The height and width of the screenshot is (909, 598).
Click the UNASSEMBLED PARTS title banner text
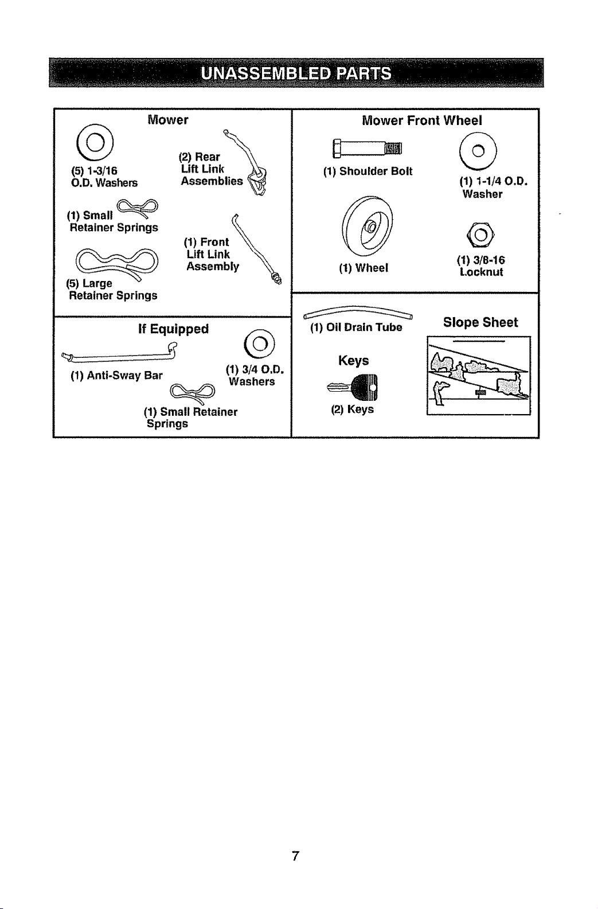point(296,73)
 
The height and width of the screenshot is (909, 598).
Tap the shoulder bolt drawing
point(367,149)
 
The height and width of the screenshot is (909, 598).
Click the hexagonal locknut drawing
point(481,235)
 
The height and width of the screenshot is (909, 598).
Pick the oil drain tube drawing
point(358,313)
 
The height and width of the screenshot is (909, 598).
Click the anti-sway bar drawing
point(120,352)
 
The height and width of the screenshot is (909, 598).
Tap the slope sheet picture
point(479,376)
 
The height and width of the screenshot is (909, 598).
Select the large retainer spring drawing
point(117,262)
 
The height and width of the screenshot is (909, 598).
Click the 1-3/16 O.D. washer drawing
point(95,142)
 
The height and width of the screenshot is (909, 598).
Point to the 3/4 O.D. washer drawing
point(260,344)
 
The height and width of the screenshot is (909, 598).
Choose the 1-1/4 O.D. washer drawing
point(478,151)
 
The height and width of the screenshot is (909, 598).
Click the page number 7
point(295,856)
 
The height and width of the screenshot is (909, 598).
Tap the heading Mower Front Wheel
point(422,120)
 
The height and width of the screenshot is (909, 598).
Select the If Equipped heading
point(173,329)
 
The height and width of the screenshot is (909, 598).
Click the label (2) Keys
point(352,409)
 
